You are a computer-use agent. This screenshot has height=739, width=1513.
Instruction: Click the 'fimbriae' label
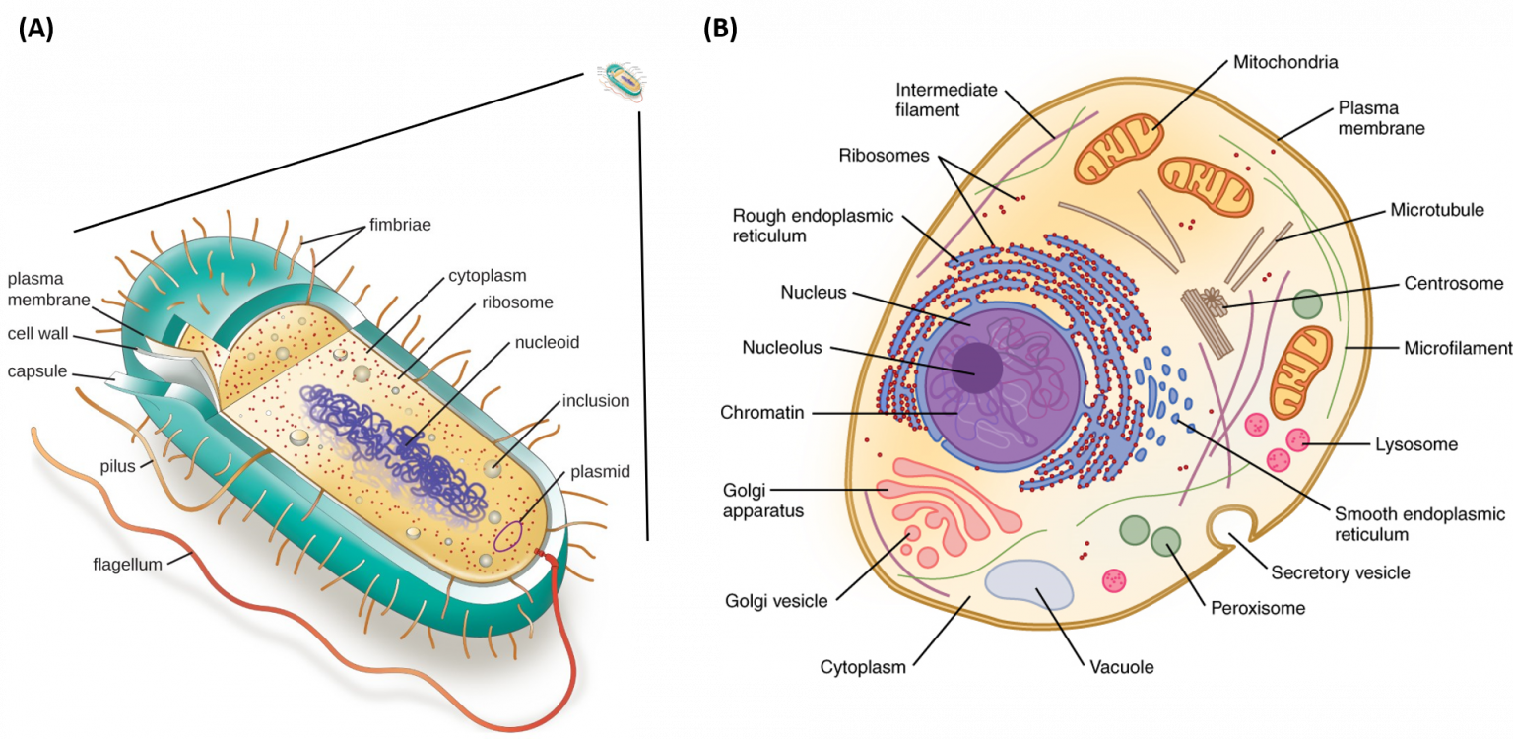pyautogui.click(x=400, y=225)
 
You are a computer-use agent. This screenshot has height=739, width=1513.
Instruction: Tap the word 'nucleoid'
pyautogui.click(x=547, y=343)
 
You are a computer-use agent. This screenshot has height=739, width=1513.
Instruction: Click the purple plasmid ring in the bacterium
pyautogui.click(x=508, y=535)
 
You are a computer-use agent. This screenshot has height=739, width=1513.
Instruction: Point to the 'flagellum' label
pyautogui.click(x=127, y=565)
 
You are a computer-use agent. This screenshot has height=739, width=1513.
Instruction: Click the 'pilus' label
pyautogui.click(x=117, y=466)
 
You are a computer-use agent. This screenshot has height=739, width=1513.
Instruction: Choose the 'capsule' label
pyautogui.click(x=37, y=371)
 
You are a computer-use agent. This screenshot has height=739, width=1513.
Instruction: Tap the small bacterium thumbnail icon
pyautogui.click(x=622, y=82)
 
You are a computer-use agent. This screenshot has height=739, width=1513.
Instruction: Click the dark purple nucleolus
pyautogui.click(x=975, y=369)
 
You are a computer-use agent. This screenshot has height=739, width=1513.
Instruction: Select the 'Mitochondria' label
pyautogui.click(x=1285, y=62)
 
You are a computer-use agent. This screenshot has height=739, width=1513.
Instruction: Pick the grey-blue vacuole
pyautogui.click(x=1029, y=587)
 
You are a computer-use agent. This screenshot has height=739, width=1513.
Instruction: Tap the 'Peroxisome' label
pyautogui.click(x=1257, y=608)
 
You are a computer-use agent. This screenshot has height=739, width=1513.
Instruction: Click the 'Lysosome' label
pyautogui.click(x=1415, y=444)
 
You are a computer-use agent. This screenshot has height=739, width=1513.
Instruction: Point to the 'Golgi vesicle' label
pyautogui.click(x=776, y=601)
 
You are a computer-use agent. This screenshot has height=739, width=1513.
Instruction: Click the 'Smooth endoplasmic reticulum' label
pyautogui.click(x=1419, y=524)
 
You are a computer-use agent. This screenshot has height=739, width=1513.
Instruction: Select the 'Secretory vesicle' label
pyautogui.click(x=1340, y=572)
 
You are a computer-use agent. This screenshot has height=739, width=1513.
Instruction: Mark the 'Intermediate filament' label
pyautogui.click(x=946, y=100)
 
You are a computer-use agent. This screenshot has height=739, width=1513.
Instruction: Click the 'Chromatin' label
pyautogui.click(x=762, y=412)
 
